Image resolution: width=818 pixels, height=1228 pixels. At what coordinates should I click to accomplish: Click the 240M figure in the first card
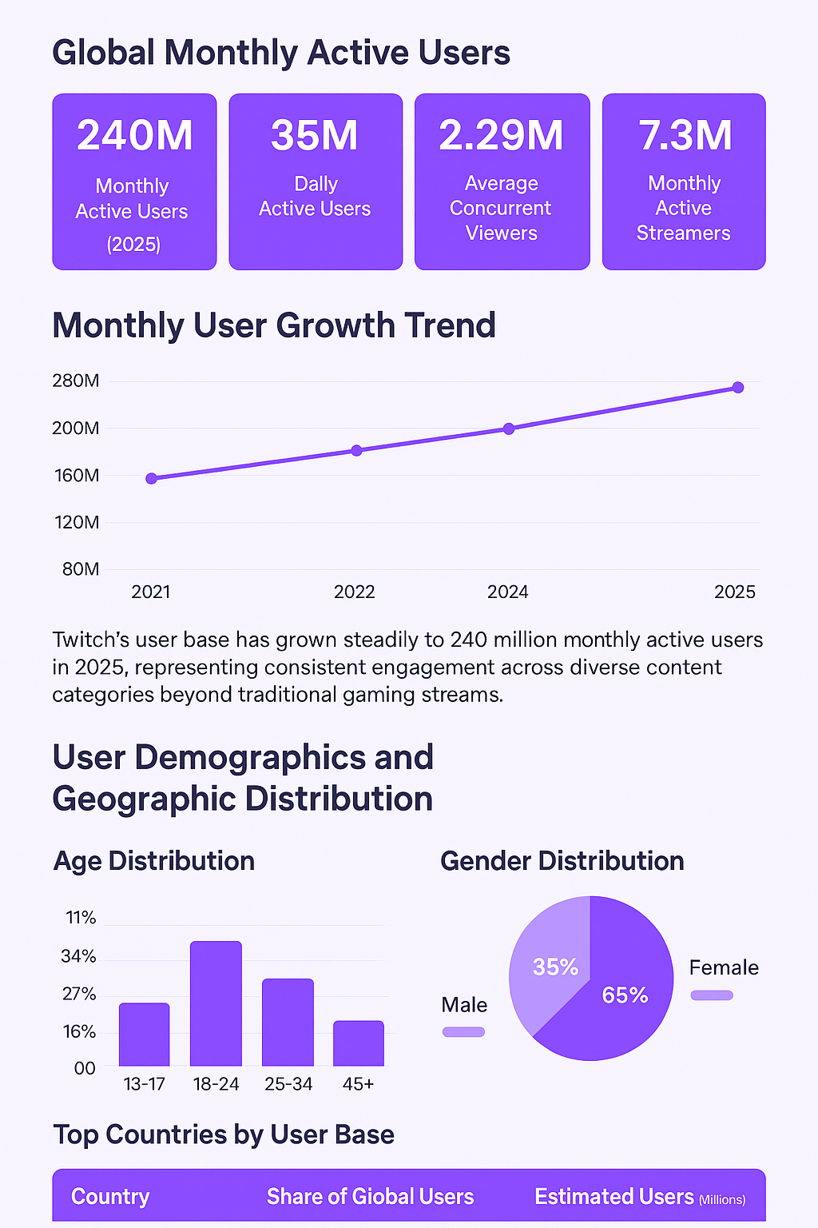pos(134,135)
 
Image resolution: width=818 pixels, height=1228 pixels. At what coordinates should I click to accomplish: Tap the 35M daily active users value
pos(315,135)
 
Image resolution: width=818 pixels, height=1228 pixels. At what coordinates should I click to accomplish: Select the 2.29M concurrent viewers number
pos(501,135)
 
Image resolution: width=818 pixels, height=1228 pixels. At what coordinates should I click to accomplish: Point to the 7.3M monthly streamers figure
pos(685,135)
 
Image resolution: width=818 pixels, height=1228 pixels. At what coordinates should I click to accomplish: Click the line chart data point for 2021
pos(152,478)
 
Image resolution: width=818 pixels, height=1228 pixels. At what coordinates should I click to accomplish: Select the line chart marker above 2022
pos(356,450)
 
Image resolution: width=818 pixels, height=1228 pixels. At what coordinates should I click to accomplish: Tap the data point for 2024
pos(509,429)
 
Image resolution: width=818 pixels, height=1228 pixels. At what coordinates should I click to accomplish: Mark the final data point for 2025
pos(738,387)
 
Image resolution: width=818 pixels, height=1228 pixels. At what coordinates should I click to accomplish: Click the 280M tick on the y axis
pos(76,381)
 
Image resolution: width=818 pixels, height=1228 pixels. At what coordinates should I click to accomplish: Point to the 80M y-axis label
pos(81,569)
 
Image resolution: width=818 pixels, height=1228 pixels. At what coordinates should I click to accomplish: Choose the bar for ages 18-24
pos(216,1003)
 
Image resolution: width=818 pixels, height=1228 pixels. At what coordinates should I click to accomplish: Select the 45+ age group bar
pos(359,1043)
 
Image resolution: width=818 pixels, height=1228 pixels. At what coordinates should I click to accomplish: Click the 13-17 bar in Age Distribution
pos(145,1035)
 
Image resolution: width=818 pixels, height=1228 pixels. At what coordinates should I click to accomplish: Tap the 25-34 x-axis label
pos(288,1084)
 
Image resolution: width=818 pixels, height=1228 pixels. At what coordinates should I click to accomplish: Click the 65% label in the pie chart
pos(625,995)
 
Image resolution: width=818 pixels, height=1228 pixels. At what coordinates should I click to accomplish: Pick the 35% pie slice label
pos(555,967)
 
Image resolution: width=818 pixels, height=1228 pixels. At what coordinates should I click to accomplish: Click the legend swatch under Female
pos(712,995)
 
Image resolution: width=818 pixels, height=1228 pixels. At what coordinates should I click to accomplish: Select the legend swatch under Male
pos(464,1031)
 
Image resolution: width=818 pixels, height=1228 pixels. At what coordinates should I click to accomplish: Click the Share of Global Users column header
pos(370,1196)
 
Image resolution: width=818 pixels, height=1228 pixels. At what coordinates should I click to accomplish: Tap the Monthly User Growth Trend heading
pos(274,325)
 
